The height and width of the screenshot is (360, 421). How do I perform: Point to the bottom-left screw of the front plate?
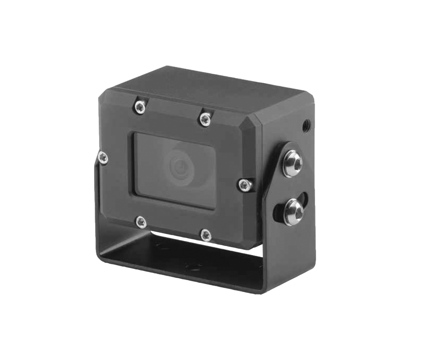pyautogui.click(x=140, y=221)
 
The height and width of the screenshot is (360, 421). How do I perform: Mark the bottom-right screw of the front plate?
pyautogui.click(x=206, y=234)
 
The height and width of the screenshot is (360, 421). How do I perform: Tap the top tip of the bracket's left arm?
pyautogui.click(x=98, y=155)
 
